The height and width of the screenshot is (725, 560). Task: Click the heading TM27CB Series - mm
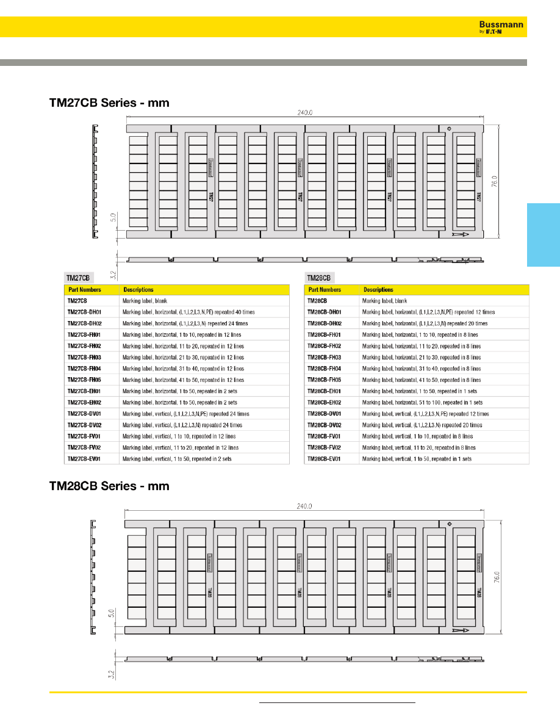109,104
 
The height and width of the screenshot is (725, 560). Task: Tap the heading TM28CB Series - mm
109,486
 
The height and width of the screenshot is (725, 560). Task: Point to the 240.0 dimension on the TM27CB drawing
305,113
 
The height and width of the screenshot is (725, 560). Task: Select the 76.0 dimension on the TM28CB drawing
497,577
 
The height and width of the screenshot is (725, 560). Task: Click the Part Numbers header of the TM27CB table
84,290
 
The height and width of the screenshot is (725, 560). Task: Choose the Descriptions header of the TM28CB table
378,290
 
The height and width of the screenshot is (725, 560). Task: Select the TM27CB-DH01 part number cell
84,312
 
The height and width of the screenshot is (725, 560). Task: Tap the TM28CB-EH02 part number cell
325,402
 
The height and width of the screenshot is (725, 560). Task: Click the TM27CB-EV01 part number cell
84,459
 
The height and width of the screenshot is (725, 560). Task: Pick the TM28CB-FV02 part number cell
325,447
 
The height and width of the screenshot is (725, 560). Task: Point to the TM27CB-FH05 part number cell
84,380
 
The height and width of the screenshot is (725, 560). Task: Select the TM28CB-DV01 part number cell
325,414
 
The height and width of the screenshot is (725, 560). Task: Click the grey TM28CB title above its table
320,278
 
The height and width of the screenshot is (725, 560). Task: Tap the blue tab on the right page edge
542,235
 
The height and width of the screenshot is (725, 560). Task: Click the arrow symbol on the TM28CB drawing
460,629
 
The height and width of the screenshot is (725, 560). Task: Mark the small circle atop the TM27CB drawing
449,129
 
